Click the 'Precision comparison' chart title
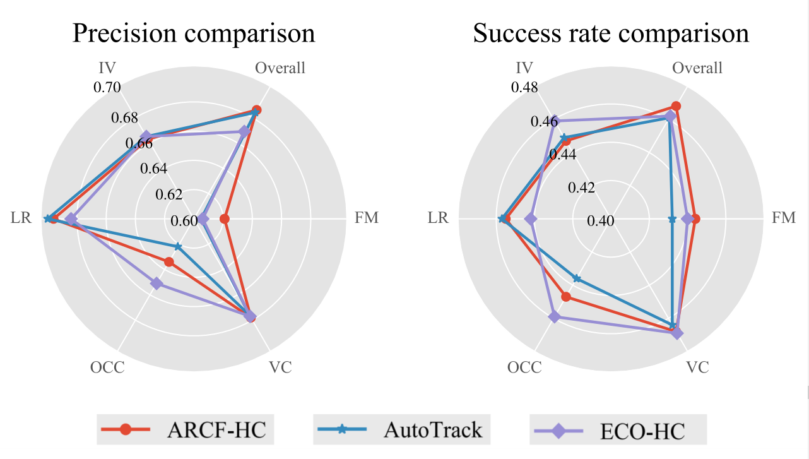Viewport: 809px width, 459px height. pos(194,33)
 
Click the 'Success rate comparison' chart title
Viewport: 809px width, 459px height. pos(611,33)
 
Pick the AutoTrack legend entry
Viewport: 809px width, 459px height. pos(401,430)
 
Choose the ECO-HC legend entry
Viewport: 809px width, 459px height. pos(618,431)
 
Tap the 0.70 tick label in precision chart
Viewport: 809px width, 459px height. pos(107,87)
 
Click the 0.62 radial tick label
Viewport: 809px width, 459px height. pos(168,194)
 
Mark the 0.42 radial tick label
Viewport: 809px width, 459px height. pos(581,188)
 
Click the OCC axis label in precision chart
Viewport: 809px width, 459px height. pos(107,367)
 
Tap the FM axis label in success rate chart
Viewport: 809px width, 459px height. pos(784,218)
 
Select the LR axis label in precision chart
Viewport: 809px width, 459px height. pos(18,218)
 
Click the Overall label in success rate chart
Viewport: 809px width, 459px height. pos(697,68)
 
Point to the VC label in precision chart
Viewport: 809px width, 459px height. pos(280,367)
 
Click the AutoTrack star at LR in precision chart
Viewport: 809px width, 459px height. pos(47,218)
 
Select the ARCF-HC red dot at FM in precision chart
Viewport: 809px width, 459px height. pos(224,219)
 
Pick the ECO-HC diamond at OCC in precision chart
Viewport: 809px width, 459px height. pos(156,284)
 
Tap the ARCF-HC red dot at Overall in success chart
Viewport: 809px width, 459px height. pos(676,106)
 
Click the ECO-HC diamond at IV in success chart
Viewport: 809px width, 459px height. pos(552,121)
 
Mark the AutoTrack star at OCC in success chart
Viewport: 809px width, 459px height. pos(576,278)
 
